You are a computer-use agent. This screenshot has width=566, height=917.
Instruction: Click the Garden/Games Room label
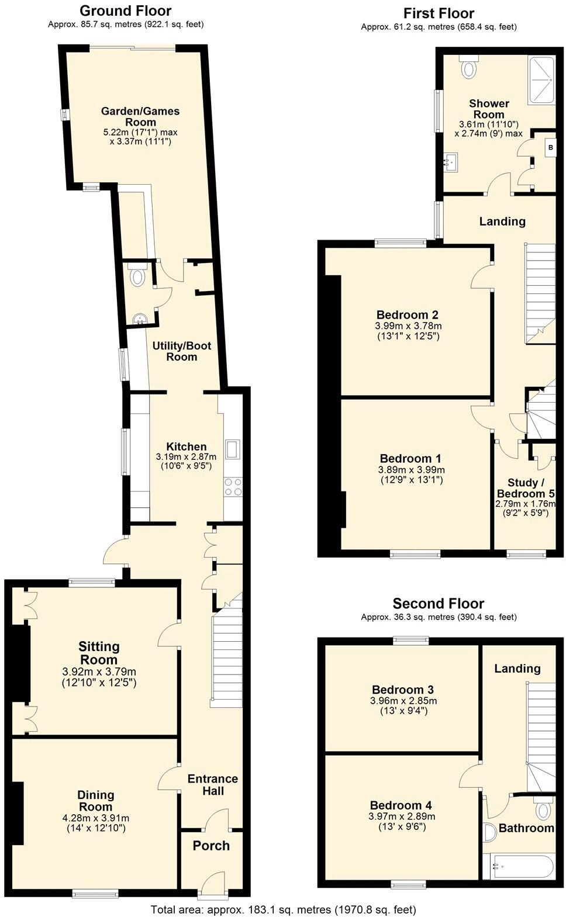point(140,116)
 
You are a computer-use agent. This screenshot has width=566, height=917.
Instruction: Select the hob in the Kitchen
point(233,487)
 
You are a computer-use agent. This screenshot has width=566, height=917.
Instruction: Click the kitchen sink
point(232,449)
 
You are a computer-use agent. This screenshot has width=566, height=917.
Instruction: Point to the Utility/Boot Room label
point(181,351)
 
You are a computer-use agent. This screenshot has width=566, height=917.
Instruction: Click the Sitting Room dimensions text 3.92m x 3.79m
point(99,672)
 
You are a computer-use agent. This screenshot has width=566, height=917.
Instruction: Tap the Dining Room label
point(96,801)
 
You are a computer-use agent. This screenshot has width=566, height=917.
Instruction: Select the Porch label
point(211,846)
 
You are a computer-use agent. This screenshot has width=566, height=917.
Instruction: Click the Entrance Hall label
point(212,784)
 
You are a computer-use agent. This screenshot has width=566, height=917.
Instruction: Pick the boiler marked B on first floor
point(550,148)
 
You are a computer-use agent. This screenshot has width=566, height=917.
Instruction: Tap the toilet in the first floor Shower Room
point(468,69)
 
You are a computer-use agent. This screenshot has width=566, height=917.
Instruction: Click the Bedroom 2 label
point(408,314)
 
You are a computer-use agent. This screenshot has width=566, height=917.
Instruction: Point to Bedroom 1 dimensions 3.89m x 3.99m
point(411,469)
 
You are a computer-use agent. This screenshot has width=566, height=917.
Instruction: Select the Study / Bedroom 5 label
point(522,488)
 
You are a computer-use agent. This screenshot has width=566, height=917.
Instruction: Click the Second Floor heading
point(438,603)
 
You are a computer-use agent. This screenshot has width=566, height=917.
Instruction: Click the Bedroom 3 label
point(402,690)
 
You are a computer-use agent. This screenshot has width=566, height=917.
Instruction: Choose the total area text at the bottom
point(283,909)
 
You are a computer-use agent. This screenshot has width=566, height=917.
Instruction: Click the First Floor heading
point(439,13)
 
